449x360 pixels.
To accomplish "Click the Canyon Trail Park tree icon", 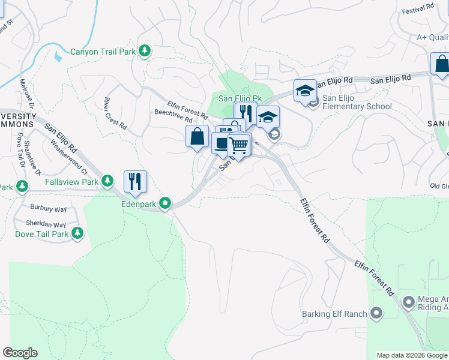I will point(144,52).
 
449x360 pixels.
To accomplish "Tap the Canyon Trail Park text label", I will point(103,52).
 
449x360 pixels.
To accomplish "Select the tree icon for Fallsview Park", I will point(107,181).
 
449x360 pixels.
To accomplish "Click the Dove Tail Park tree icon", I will point(77,233).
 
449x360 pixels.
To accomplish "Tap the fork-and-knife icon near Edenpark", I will point(135,181).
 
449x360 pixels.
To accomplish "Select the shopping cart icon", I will point(239,146).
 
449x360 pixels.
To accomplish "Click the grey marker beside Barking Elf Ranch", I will point(377,313).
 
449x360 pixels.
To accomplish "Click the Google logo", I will point(20,353).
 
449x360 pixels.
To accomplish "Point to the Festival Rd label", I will point(418,9).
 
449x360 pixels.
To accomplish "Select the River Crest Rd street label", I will point(115,113).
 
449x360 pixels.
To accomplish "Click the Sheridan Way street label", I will point(49,225).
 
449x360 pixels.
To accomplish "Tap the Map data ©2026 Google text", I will point(412,355).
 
